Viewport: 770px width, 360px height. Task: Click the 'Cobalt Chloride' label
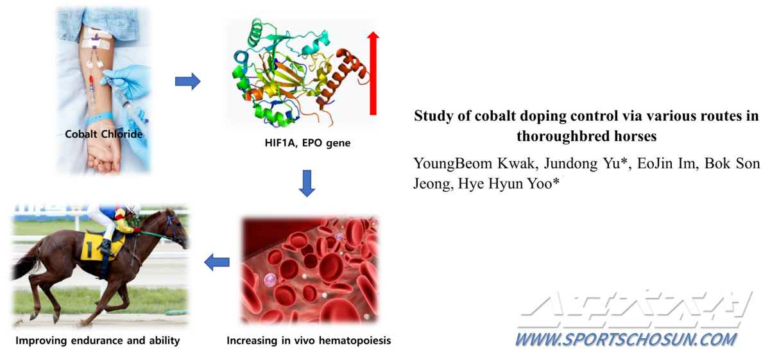104,134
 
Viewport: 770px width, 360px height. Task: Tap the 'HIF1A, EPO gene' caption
307,143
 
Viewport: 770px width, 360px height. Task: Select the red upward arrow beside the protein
373,73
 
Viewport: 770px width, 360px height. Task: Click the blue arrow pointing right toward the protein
187,81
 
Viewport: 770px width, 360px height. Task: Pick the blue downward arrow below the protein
307,184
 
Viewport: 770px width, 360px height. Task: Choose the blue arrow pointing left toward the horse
217,262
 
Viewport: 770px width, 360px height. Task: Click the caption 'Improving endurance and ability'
98,341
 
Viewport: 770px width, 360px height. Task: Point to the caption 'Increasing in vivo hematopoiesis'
309,341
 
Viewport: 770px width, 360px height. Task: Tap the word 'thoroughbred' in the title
563,136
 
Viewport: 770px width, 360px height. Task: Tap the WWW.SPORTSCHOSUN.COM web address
626,340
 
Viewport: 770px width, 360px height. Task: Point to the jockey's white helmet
133,209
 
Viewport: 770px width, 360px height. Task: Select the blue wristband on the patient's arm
99,118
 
